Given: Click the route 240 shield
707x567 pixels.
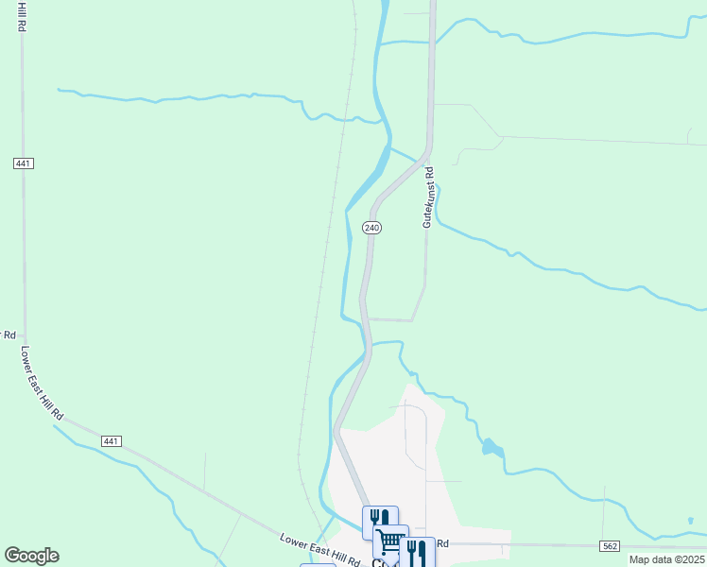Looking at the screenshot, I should point(371,228).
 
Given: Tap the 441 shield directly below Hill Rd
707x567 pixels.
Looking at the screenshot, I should point(24,163).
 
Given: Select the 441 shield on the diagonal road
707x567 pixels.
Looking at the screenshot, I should point(112,441).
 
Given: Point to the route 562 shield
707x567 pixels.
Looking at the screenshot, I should point(611,546).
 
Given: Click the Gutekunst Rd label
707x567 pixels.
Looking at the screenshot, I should point(427,198).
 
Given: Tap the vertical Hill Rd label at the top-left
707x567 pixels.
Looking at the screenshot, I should point(19,16).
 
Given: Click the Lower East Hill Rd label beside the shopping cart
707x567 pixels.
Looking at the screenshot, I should point(319,551).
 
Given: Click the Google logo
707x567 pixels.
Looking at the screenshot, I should point(31,556).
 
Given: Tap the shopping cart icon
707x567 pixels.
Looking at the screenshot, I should point(390,541).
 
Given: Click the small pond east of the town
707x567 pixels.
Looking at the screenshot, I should point(491,447).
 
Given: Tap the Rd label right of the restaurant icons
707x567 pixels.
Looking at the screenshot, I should point(441,544).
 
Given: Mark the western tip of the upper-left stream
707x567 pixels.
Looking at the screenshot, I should point(59,90).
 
